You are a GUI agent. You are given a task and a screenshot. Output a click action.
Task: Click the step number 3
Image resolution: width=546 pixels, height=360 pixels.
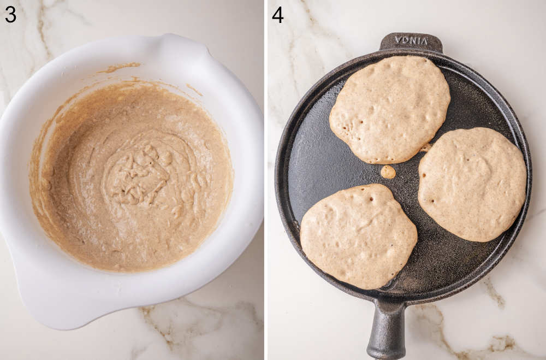[x=10, y=14]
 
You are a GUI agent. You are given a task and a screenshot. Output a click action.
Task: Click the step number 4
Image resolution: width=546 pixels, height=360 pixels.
[x=278, y=14]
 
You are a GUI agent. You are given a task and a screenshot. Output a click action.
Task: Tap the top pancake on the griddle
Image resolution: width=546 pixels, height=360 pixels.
[x=389, y=109]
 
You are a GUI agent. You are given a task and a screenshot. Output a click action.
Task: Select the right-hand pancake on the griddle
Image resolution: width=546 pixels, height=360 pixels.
[x=472, y=184]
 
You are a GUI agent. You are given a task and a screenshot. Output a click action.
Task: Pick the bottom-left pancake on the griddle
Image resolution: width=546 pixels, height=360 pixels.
[x=358, y=236]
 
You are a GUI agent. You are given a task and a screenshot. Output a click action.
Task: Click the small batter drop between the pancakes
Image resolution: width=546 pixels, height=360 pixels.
[x=388, y=172]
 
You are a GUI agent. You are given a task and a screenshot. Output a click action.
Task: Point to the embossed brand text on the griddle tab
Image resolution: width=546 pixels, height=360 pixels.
[x=411, y=40]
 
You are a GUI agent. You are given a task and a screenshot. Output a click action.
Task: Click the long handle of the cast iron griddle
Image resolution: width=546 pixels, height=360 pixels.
[x=386, y=331]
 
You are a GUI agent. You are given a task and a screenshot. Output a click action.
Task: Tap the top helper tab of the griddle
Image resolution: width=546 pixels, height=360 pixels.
[x=411, y=43]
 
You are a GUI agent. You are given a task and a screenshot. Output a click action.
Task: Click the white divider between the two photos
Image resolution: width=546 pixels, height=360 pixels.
[x=266, y=180]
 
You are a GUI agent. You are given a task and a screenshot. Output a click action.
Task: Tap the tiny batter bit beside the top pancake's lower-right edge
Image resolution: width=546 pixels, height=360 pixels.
[x=425, y=147]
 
